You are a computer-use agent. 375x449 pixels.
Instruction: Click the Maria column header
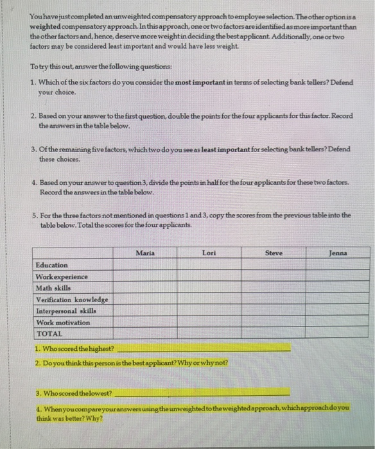pos(145,253)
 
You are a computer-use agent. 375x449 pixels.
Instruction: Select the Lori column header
pos(209,253)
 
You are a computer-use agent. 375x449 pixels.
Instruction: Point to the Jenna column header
pos(338,253)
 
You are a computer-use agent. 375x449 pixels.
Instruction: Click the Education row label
pos(52,265)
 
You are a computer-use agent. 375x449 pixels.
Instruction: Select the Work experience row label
pos(62,276)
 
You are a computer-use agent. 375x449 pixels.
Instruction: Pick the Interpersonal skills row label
pos(66,311)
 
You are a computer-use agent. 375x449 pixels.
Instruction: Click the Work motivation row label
pos(63,323)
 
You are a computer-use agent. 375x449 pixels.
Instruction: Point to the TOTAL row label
pos(50,334)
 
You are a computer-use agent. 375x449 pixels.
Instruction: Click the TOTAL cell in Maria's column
pos(145,334)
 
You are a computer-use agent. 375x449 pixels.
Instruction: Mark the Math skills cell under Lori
pos(209,288)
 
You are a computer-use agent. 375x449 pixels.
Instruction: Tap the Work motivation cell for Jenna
pos(338,323)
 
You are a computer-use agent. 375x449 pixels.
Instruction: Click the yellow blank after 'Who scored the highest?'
pos(203,349)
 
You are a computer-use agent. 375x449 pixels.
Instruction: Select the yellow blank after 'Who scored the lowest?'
pos(202,392)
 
